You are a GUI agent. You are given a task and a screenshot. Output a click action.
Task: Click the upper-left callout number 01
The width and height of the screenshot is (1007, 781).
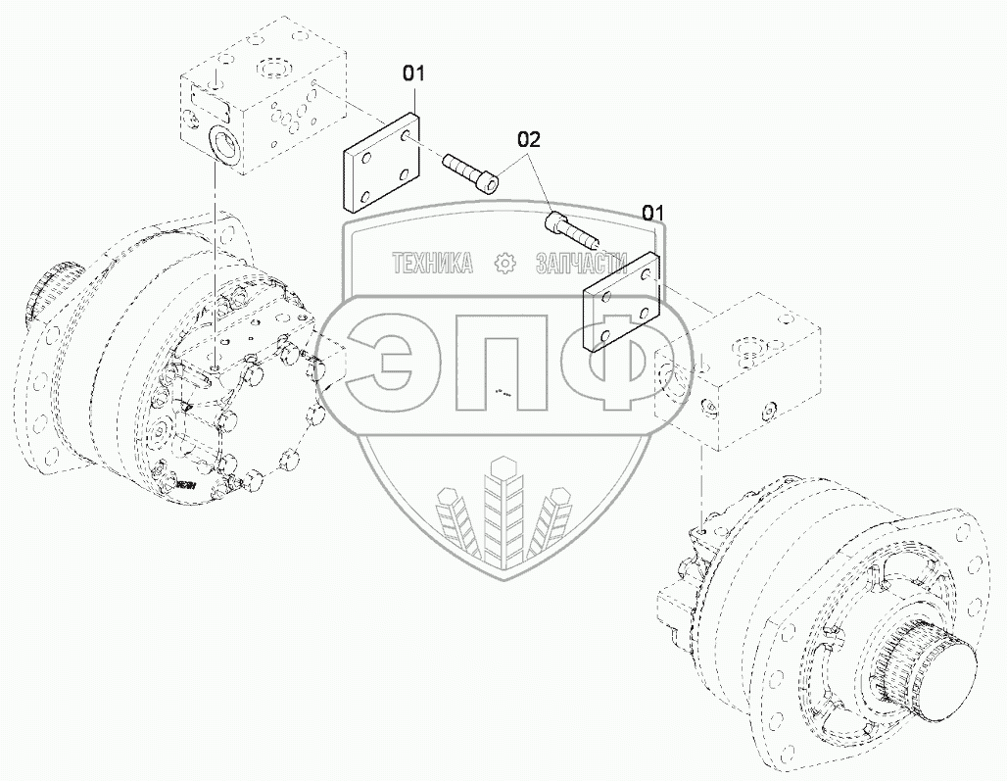[413, 73]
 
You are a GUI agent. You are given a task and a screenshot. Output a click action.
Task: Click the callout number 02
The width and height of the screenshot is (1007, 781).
[530, 139]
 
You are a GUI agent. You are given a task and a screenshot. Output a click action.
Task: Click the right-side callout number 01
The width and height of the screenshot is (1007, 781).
[653, 212]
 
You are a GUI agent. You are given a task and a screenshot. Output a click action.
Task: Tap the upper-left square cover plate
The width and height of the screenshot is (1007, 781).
[381, 163]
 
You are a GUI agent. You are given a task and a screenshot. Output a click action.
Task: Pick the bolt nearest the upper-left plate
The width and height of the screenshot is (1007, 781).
[470, 171]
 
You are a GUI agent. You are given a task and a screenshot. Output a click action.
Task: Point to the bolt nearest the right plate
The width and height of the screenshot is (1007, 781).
[572, 229]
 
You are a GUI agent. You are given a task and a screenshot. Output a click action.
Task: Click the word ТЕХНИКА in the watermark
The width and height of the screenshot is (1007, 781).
[433, 263]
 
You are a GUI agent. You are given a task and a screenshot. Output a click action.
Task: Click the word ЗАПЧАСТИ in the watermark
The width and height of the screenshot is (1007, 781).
[581, 263]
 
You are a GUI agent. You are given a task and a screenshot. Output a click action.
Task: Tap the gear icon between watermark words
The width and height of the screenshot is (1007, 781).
[504, 263]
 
